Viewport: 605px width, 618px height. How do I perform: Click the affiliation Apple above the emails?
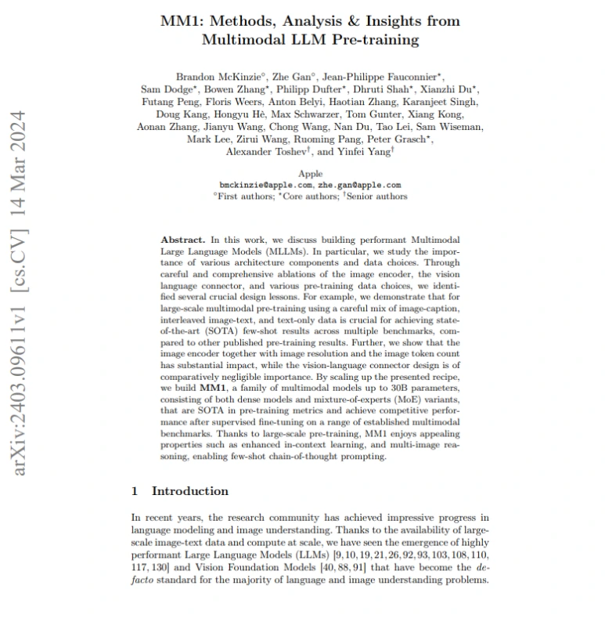point(311,173)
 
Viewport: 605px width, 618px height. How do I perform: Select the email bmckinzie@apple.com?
point(266,185)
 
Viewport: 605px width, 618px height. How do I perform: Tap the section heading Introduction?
point(190,491)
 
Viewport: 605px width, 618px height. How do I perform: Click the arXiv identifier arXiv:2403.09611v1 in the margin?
point(21,384)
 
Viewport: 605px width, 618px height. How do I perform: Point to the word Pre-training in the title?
point(373,39)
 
